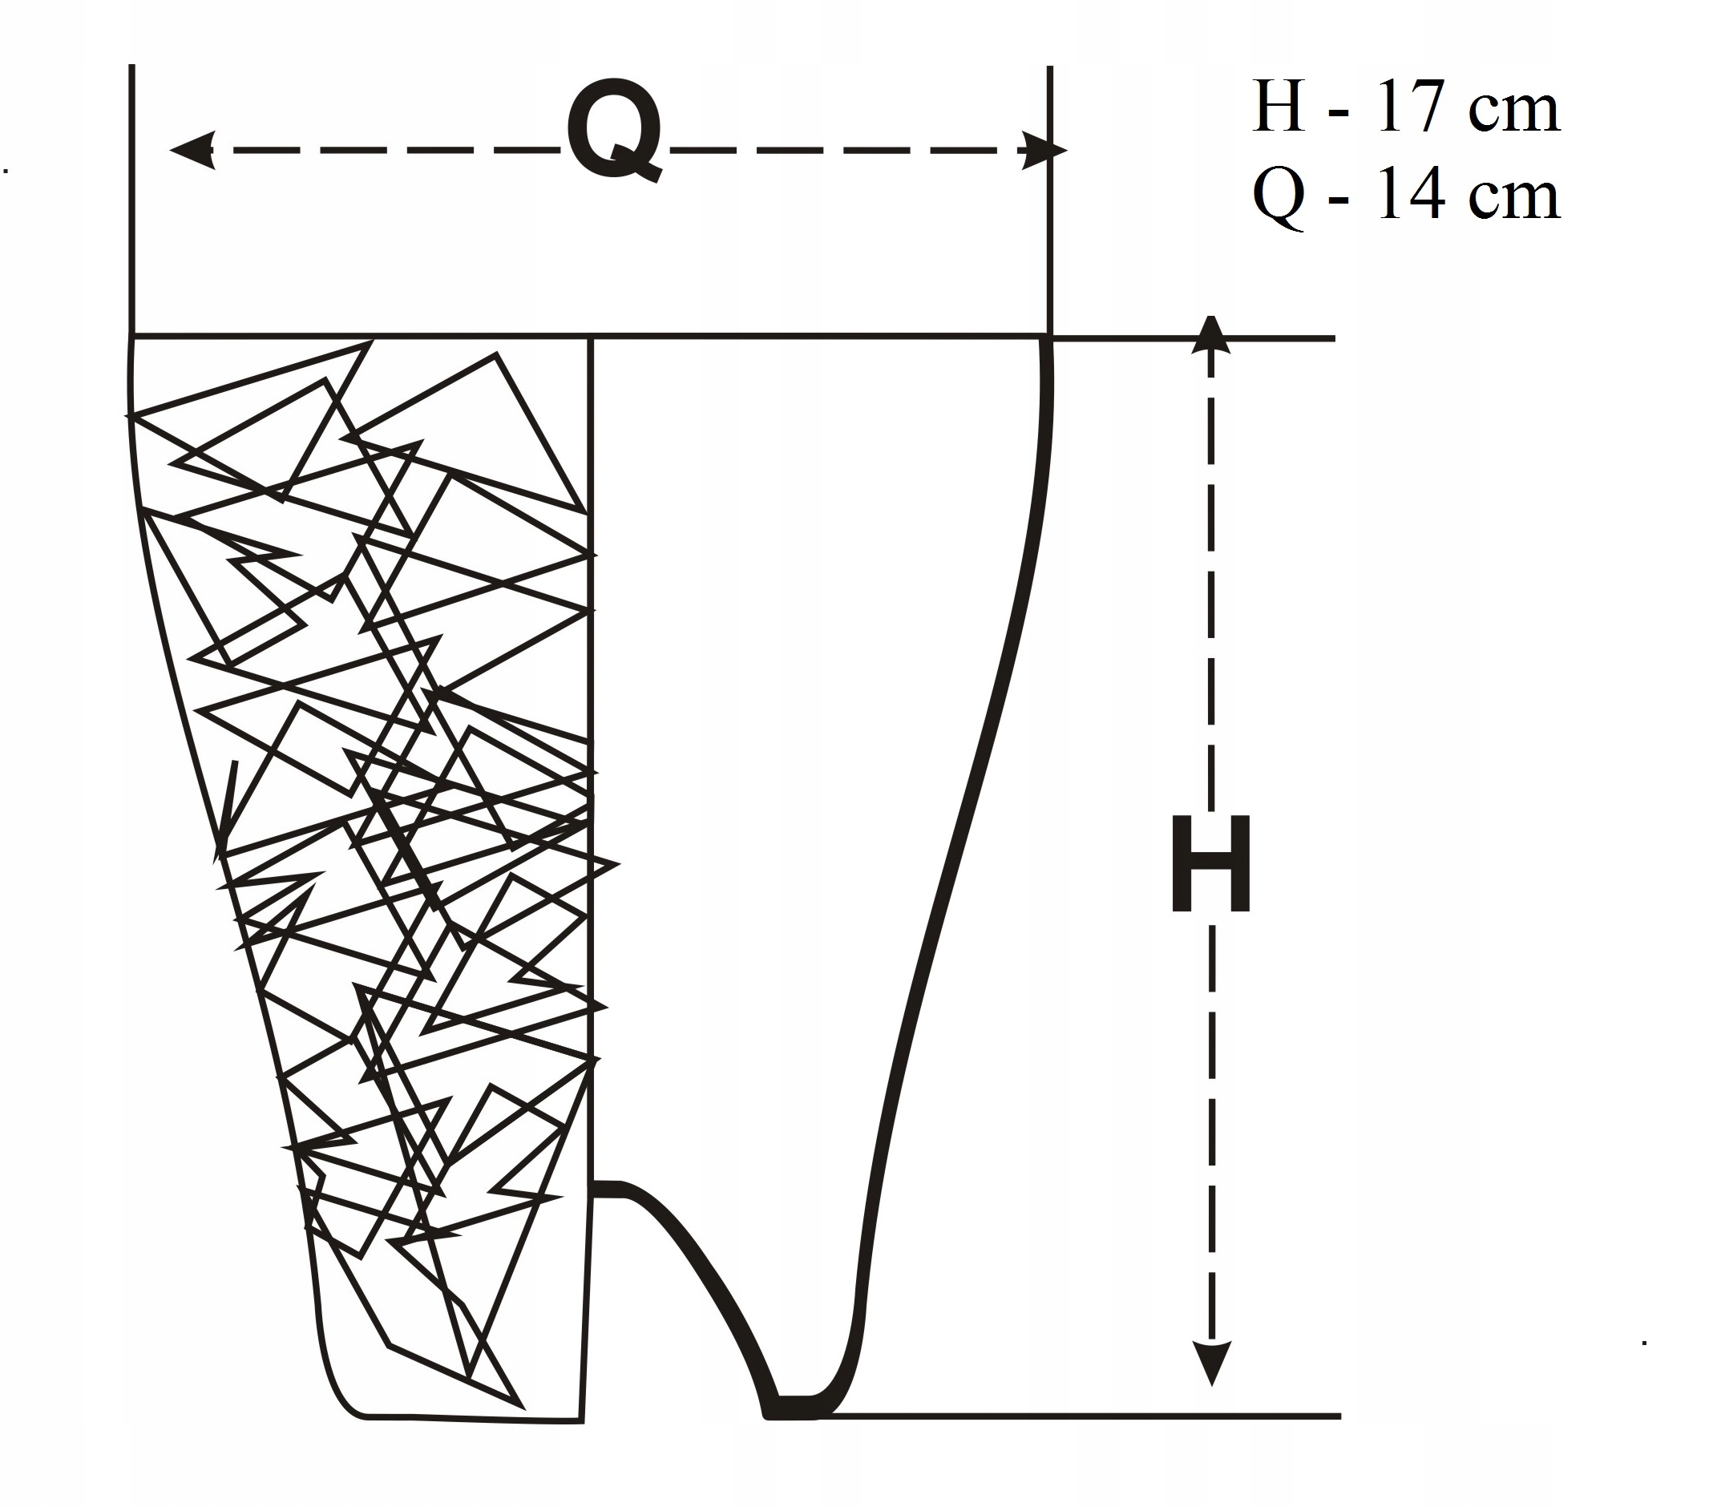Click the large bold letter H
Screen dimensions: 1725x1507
[1210, 863]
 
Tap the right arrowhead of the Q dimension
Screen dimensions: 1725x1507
[1045, 151]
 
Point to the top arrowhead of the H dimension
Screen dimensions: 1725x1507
[1210, 335]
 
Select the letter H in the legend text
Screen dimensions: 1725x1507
[1279, 107]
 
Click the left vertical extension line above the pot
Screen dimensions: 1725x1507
[132, 202]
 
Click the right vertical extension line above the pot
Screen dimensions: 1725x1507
[1049, 202]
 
